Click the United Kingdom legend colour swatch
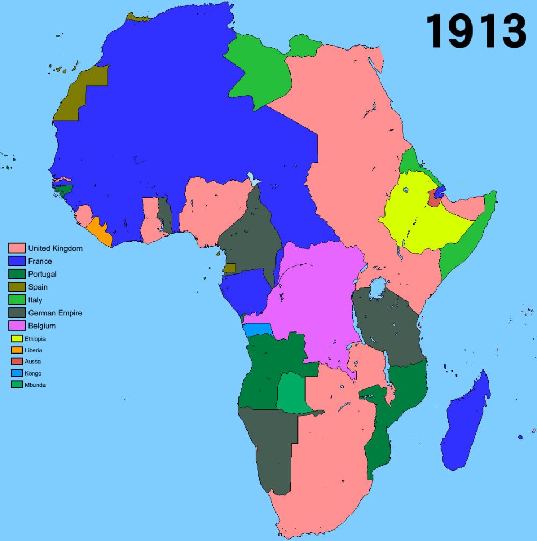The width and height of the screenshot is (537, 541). click(x=17, y=248)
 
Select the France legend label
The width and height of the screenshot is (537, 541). click(x=40, y=261)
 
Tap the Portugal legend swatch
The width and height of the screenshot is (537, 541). click(x=17, y=274)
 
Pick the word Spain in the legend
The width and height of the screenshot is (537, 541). click(x=38, y=287)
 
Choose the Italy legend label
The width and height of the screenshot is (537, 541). click(x=35, y=300)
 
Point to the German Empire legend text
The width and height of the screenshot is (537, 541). click(x=55, y=313)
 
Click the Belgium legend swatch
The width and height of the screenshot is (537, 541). click(x=17, y=326)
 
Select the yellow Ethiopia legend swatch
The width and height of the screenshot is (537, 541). click(x=17, y=339)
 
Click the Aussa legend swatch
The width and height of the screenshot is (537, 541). click(x=17, y=362)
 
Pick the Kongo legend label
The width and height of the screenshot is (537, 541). click(x=33, y=373)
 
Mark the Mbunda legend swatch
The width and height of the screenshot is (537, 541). click(x=17, y=385)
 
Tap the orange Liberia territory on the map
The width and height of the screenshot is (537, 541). click(x=101, y=231)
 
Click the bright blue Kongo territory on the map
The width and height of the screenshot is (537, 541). click(x=257, y=329)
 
